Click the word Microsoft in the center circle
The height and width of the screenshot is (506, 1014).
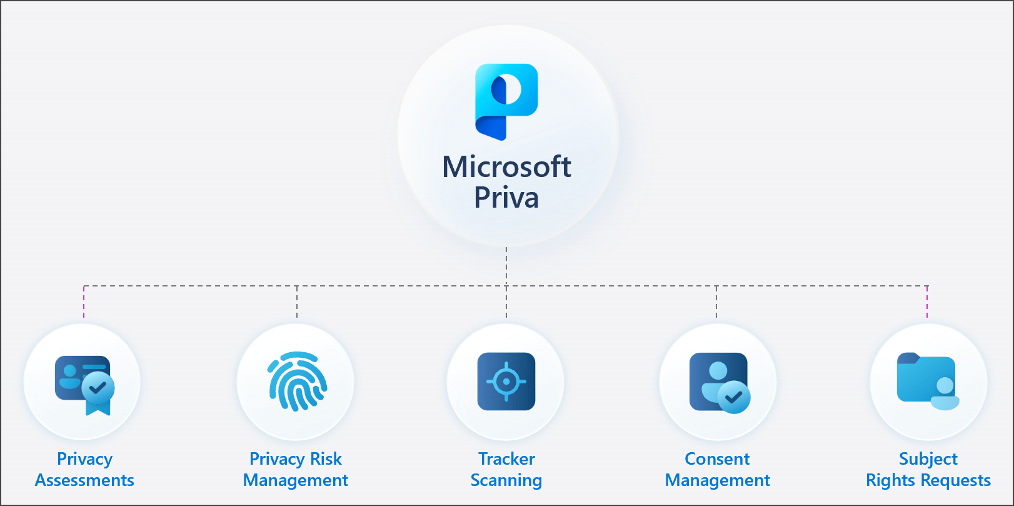click(506, 167)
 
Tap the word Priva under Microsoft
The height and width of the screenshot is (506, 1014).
click(506, 198)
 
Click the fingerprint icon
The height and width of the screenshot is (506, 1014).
click(298, 381)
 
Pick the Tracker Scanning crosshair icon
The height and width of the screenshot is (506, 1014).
click(506, 382)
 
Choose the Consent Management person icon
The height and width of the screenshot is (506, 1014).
click(718, 382)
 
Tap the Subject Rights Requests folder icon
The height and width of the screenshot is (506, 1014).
click(928, 382)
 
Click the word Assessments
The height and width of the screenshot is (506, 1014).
click(84, 480)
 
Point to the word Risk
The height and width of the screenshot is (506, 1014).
click(326, 459)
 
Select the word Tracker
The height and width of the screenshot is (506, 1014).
click(506, 459)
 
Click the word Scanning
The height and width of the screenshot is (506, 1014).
click(506, 480)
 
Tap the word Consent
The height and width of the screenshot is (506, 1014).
click(717, 459)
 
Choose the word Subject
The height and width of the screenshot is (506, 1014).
click(928, 459)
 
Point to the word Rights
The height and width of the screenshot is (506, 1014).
click(891, 480)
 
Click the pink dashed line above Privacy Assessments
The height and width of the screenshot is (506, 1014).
click(84, 302)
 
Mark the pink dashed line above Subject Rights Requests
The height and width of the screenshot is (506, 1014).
click(927, 302)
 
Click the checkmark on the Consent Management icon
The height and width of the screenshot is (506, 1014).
click(734, 397)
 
